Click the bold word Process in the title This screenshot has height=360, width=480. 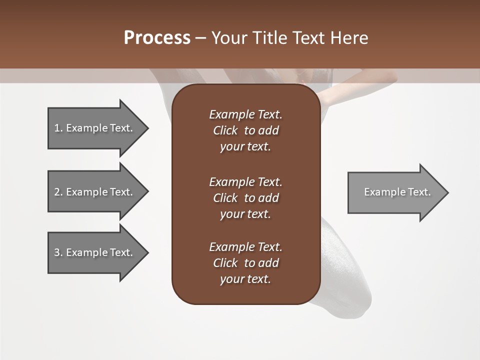157,38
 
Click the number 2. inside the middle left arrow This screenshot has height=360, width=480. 58,192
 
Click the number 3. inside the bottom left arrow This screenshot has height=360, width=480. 58,252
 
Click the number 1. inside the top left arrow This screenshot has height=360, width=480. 58,128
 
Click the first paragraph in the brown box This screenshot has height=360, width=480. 245,130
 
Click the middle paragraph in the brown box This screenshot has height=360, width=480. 245,198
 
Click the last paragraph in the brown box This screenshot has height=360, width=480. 245,263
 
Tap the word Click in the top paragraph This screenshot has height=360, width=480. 225,130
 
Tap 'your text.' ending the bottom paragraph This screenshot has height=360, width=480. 245,279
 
